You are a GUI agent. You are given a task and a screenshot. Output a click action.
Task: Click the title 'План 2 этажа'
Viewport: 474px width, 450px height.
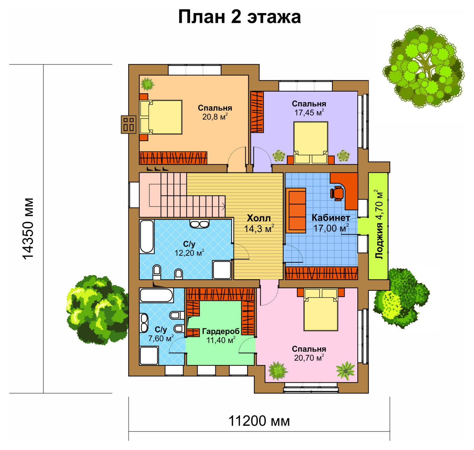[x=239, y=17]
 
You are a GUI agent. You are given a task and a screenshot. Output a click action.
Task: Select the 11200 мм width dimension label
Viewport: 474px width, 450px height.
[x=259, y=421]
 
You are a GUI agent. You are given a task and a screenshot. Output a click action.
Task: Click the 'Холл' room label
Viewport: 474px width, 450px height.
[x=259, y=218]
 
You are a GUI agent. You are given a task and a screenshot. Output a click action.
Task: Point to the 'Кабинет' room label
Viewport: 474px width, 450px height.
[x=331, y=218]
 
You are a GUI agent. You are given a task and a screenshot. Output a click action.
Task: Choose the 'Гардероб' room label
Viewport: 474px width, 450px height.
[x=221, y=331]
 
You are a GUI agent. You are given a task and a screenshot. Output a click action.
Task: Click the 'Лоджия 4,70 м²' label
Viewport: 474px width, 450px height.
[x=379, y=224]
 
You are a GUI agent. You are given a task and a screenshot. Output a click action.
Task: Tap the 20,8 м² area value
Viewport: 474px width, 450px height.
[x=215, y=117]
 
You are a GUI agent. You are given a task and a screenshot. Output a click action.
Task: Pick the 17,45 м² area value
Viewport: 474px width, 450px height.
[x=309, y=113]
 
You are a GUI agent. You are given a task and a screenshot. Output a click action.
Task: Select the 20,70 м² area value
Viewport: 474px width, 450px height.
[x=309, y=358]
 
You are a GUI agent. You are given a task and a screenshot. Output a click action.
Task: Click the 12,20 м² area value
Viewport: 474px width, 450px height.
[x=189, y=253]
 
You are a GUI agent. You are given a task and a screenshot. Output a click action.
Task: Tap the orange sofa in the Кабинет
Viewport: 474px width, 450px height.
[x=296, y=210]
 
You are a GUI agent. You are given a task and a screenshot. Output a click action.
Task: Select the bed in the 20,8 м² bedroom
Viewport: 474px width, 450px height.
[x=161, y=117]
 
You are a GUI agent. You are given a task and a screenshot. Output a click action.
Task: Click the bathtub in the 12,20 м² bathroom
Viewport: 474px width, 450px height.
[x=147, y=237]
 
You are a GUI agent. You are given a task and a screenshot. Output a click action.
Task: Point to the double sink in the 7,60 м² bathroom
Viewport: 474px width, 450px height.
[x=144, y=323]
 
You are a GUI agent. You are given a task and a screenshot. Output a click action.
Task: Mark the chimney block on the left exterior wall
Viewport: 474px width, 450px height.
[x=129, y=124]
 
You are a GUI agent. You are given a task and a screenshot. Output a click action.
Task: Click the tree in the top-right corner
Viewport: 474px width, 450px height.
[x=424, y=66]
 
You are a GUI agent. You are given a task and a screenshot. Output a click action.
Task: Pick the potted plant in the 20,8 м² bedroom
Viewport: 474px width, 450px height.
[x=147, y=84]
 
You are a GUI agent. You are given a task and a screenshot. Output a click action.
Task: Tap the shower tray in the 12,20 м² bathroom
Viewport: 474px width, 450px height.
[x=222, y=269]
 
